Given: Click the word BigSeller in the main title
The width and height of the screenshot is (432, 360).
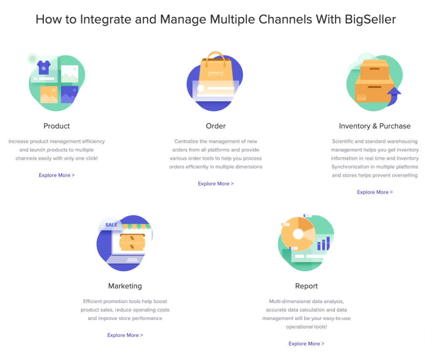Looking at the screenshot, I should [x=370, y=19].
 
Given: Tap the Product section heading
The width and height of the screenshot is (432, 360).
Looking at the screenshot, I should [x=57, y=126].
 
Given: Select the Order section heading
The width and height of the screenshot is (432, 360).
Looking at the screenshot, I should [x=216, y=126].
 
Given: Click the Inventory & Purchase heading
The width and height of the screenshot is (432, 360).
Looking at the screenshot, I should [x=375, y=126].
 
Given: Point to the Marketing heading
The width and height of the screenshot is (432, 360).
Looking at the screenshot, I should [x=125, y=286].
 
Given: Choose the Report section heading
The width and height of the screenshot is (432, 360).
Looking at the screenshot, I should [x=306, y=286].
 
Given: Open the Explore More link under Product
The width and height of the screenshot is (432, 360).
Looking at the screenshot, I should [x=57, y=175].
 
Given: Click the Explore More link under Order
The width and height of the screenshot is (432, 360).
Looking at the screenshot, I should [x=216, y=184].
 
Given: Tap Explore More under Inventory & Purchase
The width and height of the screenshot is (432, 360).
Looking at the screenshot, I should [x=375, y=192].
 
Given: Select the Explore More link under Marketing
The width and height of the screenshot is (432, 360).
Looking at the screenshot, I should [x=125, y=336].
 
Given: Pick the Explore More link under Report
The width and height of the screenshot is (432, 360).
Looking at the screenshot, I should [x=306, y=344].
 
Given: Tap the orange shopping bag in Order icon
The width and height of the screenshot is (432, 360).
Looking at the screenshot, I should [x=216, y=70].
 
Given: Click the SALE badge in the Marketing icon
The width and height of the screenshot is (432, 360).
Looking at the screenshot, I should [x=111, y=225].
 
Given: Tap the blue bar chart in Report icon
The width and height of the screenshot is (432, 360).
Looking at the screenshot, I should [x=324, y=243].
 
